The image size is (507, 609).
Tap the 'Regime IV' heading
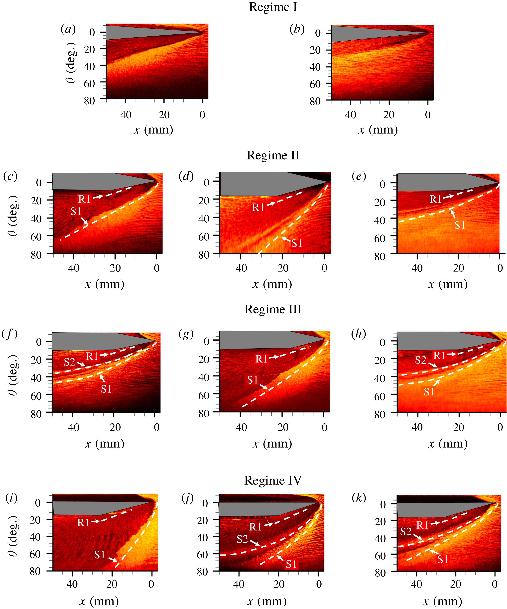(x=273, y=481)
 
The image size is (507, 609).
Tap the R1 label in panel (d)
(x=258, y=207)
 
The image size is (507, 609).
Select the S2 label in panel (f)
(x=70, y=362)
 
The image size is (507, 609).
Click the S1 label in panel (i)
(x=100, y=555)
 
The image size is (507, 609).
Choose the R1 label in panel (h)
(x=439, y=355)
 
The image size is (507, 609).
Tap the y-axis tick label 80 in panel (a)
(x=89, y=101)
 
